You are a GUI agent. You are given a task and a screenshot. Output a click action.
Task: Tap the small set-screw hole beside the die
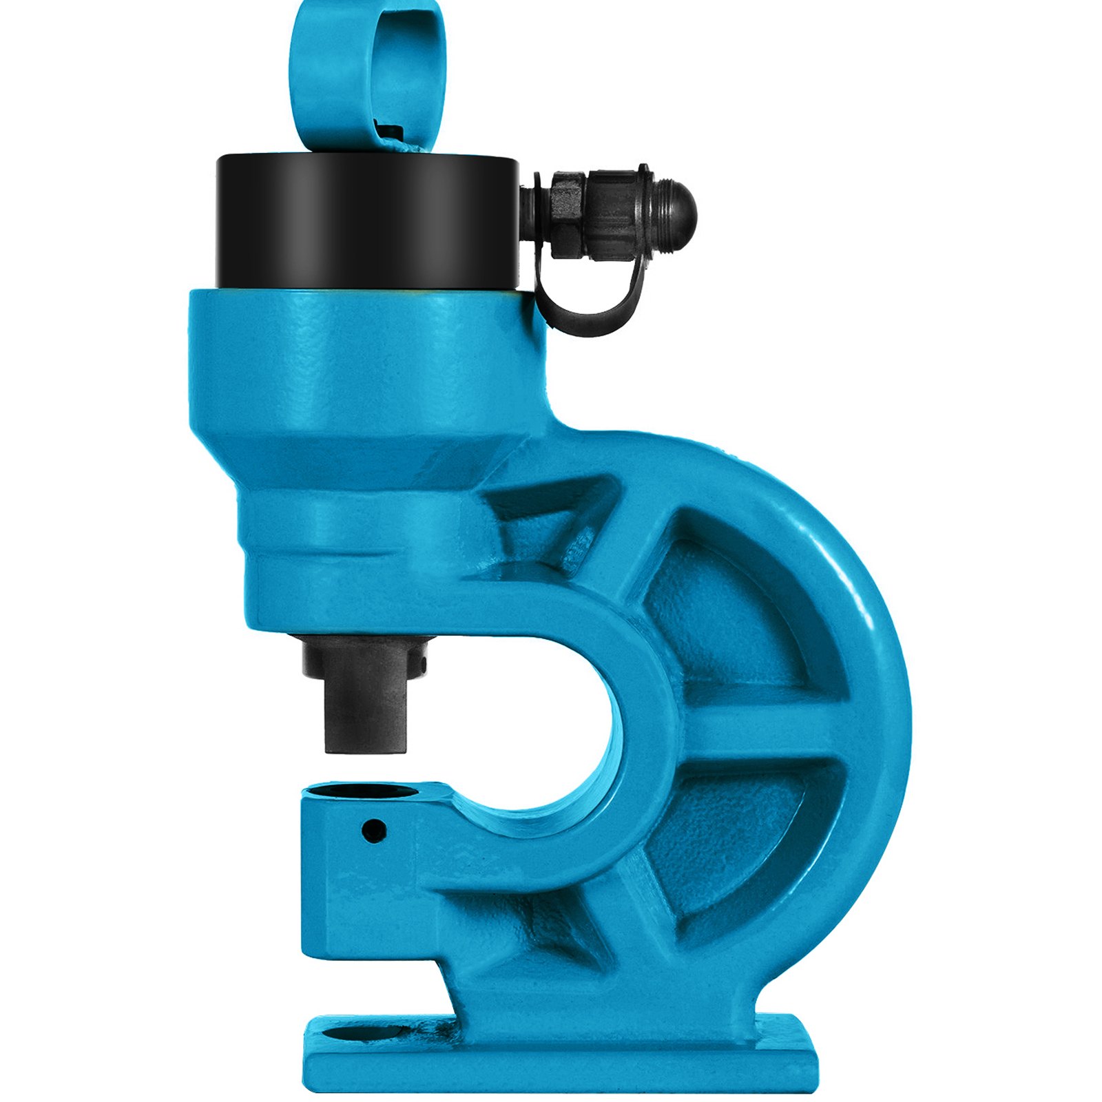coord(374,829)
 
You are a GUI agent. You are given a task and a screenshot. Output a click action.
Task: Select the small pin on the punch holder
coord(422,665)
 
